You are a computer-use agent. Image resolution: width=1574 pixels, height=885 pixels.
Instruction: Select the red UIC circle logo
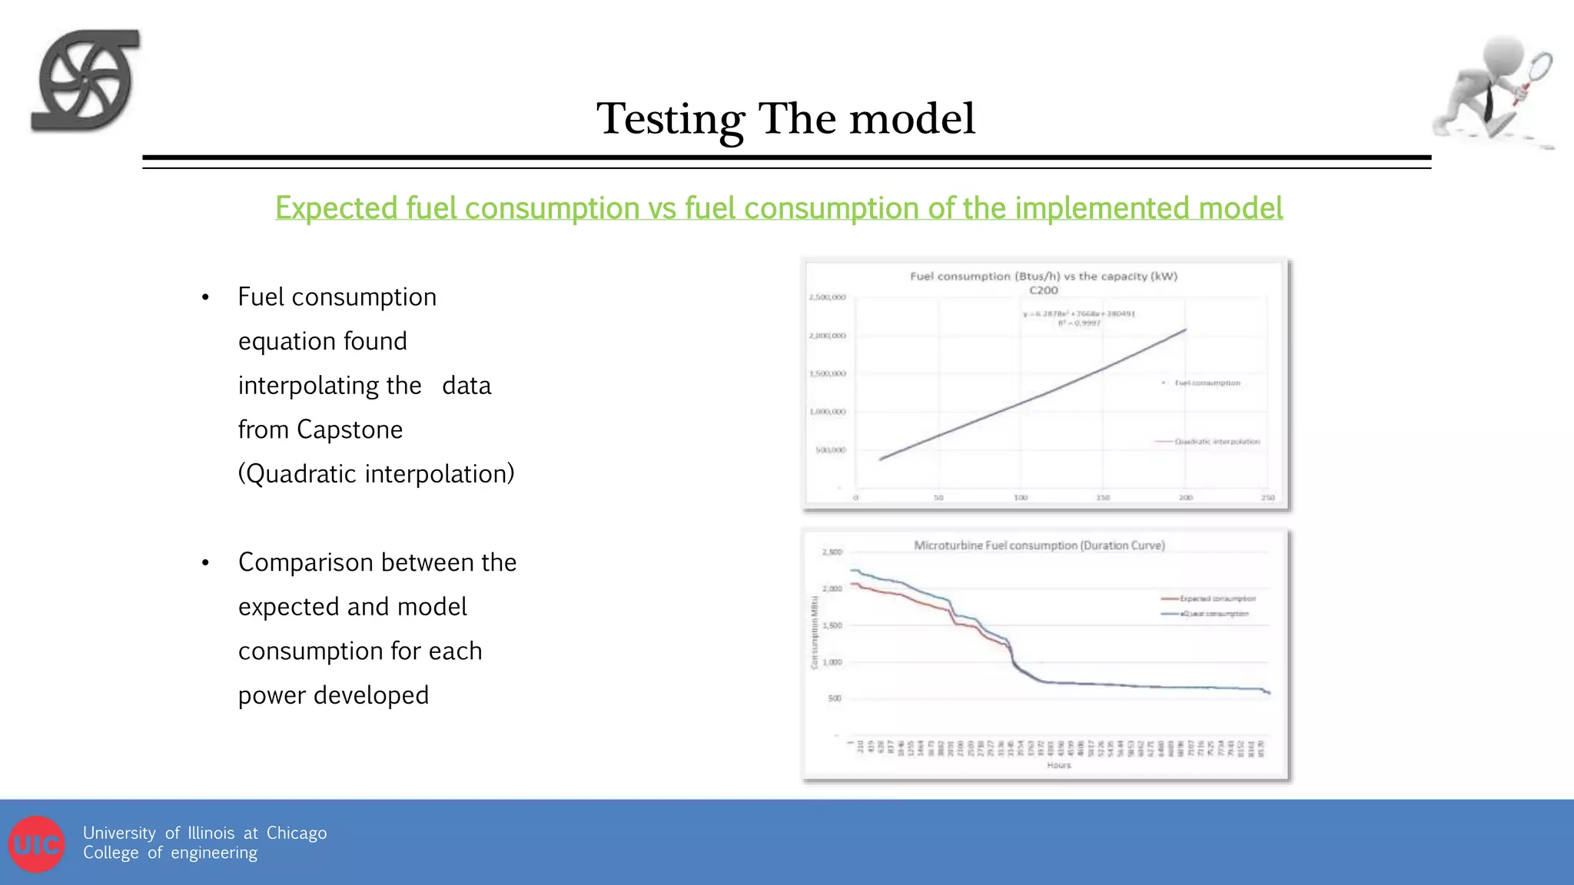tap(36, 844)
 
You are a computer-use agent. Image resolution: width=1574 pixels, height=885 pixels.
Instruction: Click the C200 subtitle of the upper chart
tap(1043, 290)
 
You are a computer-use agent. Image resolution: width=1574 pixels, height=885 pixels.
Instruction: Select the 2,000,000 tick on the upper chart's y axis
tap(827, 336)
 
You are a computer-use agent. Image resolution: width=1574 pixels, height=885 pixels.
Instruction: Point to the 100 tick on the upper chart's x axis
tap(1021, 498)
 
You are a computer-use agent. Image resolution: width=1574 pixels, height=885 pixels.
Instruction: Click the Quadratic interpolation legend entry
tap(1217, 442)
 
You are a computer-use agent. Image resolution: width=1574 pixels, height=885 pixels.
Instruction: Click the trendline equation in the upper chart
tap(1079, 313)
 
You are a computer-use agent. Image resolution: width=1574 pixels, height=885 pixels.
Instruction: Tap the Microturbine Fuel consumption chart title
tap(1039, 545)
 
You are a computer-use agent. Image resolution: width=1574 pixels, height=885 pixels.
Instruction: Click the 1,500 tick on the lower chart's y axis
tap(832, 625)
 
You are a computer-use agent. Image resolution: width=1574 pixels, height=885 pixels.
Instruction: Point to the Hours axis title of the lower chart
tap(1058, 765)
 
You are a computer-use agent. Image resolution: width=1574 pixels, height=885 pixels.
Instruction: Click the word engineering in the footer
tap(214, 853)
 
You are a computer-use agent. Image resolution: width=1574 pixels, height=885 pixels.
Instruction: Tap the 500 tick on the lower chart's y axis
tap(835, 698)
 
